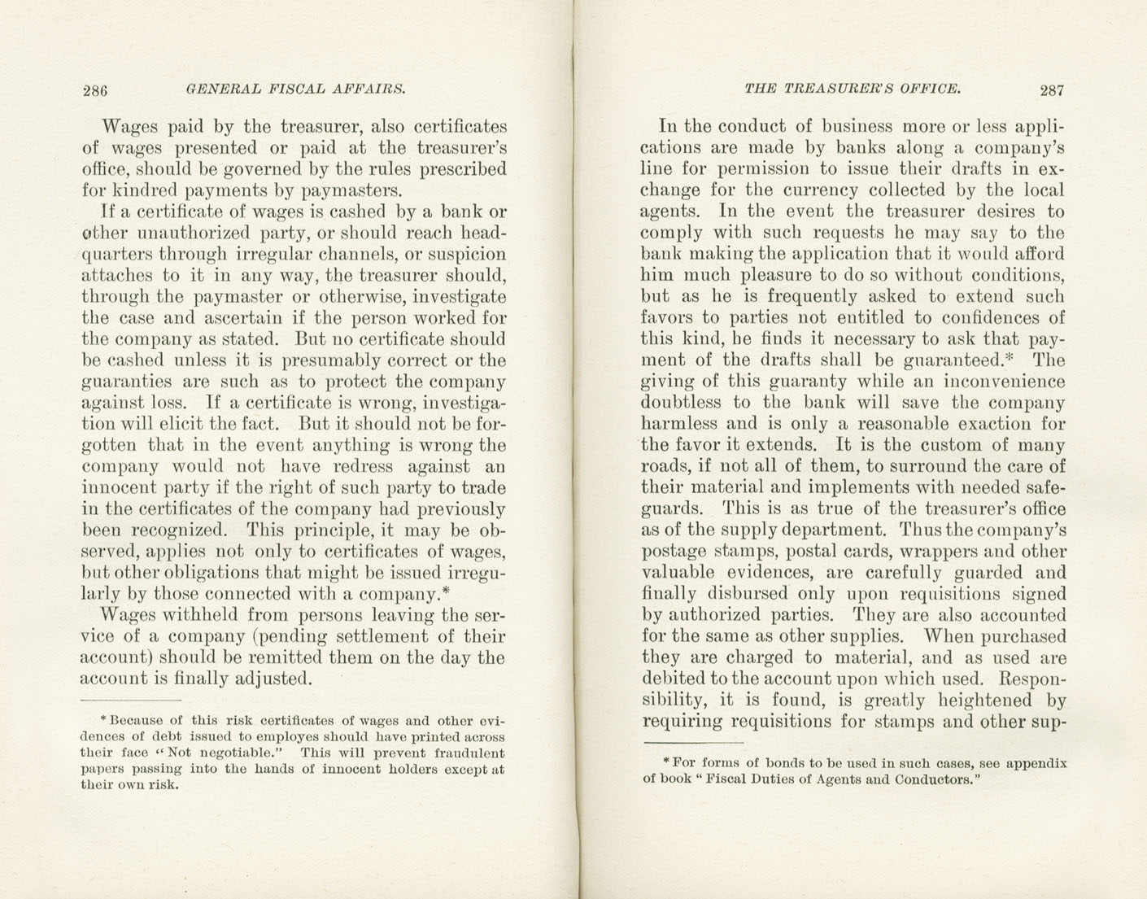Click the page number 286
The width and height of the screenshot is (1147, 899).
pyautogui.click(x=95, y=89)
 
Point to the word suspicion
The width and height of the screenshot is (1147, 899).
pyautogui.click(x=468, y=255)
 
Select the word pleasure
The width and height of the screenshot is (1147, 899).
pyautogui.click(x=777, y=276)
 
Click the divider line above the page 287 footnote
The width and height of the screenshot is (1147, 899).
pyautogui.click(x=693, y=743)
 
